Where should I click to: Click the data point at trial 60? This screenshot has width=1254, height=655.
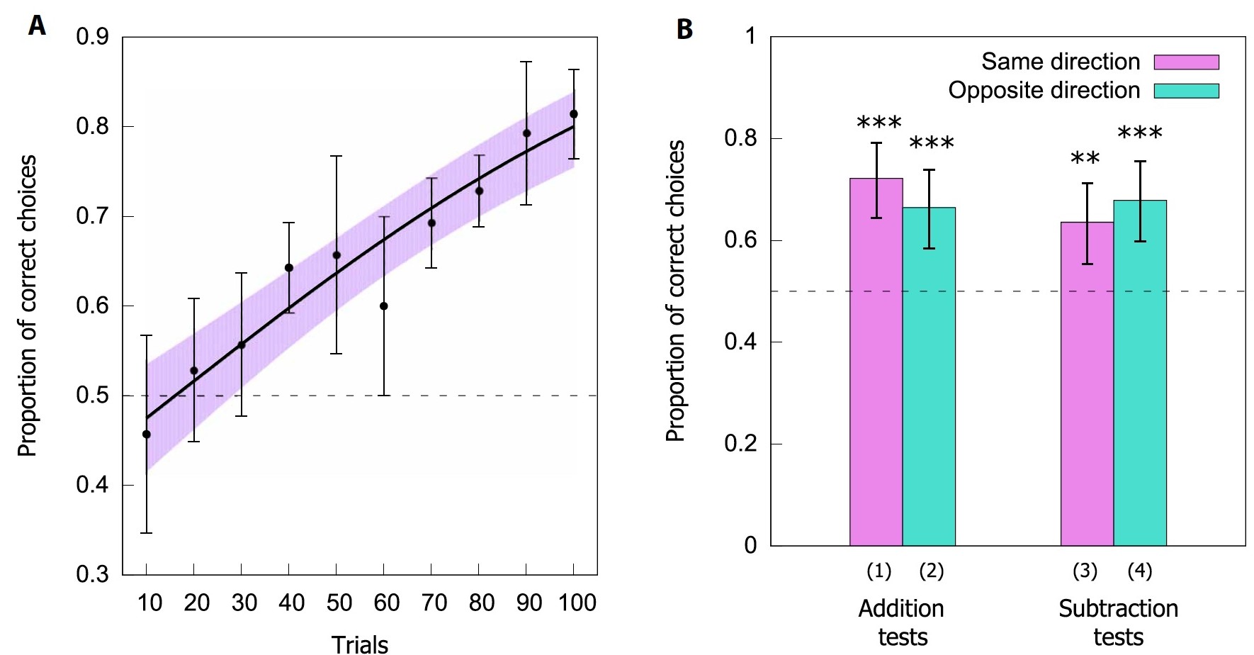(383, 306)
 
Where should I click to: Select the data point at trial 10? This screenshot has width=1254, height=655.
(147, 435)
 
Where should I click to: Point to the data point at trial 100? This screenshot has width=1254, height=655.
(574, 114)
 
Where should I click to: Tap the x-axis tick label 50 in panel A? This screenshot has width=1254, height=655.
(339, 603)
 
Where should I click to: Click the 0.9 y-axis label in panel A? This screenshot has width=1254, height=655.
(93, 37)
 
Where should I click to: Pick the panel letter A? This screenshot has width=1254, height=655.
(37, 26)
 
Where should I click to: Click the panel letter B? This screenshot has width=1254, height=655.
(684, 30)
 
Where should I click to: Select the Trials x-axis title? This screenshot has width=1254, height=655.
(360, 644)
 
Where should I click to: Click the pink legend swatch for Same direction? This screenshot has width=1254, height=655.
(1186, 62)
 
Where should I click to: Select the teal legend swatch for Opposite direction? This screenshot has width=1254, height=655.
(1186, 91)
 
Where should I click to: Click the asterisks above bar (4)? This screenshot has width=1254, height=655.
(1140, 133)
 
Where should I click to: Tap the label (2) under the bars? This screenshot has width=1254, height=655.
(931, 571)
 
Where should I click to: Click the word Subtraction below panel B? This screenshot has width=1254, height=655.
(1118, 609)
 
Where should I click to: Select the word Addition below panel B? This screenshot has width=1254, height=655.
(901, 609)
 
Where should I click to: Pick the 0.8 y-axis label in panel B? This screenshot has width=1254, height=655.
(740, 138)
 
